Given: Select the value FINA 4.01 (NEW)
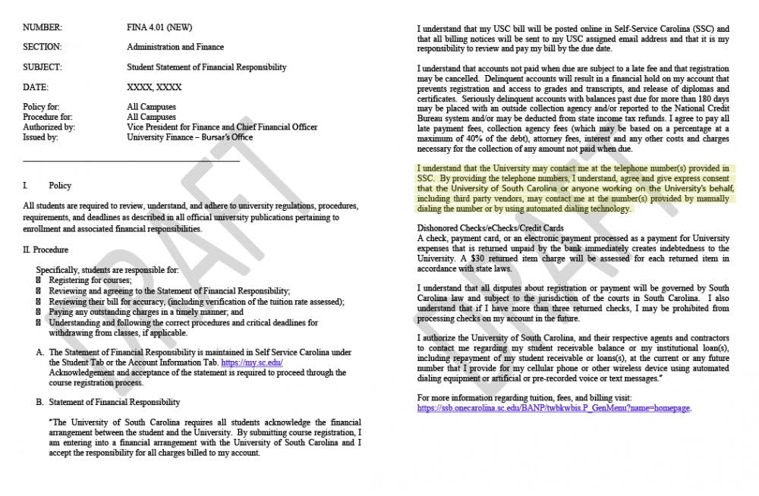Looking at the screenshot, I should (159, 27).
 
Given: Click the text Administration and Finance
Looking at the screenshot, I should (175, 47).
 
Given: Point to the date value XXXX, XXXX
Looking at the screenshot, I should (154, 87).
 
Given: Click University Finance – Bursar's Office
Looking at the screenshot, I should (190, 137).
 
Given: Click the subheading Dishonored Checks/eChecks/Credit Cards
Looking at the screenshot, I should (490, 228).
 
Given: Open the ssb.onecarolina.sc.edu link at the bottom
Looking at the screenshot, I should (554, 408).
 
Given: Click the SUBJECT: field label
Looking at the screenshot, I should (43, 67).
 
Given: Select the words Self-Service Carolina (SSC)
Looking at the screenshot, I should (653, 29).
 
